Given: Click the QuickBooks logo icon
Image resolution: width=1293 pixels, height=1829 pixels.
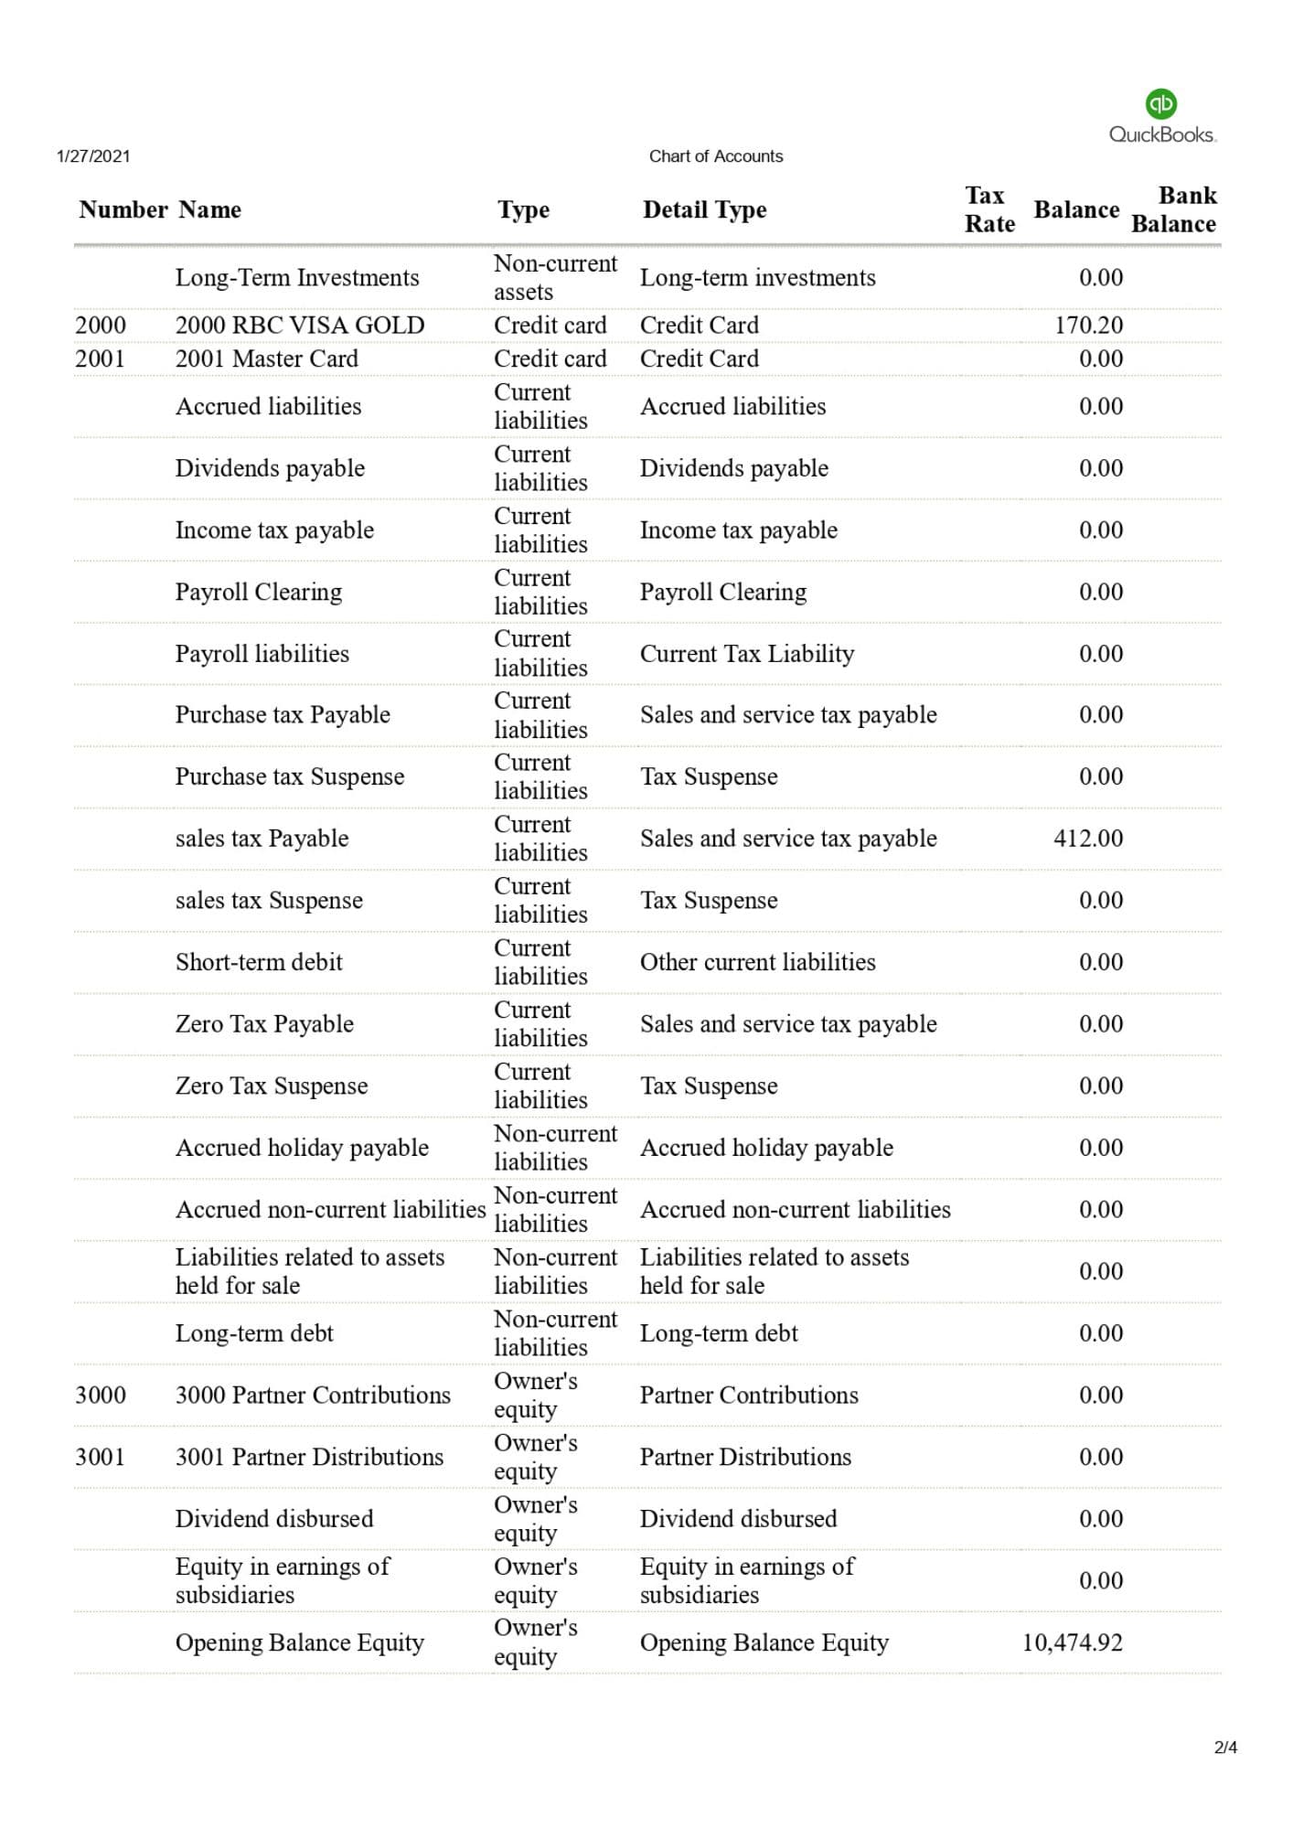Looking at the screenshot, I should [x=1160, y=103].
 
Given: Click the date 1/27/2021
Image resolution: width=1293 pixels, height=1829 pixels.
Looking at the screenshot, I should [x=93, y=156].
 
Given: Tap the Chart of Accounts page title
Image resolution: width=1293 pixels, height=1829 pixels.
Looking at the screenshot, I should [x=716, y=156].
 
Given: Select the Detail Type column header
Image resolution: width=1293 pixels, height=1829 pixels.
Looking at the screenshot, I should [x=704, y=209].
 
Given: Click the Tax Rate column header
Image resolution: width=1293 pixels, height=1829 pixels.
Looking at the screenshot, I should [x=988, y=209].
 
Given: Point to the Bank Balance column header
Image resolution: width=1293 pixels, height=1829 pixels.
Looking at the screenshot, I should [x=1174, y=209].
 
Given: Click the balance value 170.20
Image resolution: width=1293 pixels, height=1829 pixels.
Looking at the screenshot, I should [x=1088, y=325].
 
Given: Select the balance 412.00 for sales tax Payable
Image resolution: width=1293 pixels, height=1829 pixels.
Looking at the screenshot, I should [x=1088, y=838].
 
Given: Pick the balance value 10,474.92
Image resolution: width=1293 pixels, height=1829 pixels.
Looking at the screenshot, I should [x=1072, y=1642].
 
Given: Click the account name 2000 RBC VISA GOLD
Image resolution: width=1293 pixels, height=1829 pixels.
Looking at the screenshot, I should [x=300, y=325].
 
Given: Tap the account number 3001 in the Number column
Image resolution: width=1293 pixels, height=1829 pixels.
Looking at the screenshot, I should [x=100, y=1457].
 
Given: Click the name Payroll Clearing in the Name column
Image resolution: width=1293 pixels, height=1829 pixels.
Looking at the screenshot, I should [x=259, y=592].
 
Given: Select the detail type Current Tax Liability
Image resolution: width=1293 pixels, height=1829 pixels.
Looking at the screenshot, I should [x=747, y=653].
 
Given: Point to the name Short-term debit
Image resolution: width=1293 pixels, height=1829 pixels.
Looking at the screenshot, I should [x=259, y=962].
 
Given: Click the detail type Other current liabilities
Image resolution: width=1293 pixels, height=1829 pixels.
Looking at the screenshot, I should [x=757, y=962].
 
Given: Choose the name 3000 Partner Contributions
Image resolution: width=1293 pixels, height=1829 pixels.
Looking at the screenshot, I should [x=313, y=1395].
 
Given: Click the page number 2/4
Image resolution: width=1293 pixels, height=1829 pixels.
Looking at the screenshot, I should [x=1225, y=1748].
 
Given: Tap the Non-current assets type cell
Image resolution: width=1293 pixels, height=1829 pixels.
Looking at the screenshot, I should [x=555, y=277].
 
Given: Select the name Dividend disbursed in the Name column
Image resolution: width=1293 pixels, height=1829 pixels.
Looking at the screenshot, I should [x=274, y=1518].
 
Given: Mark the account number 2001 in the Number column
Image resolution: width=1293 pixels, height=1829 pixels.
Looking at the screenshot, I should [x=100, y=358].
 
